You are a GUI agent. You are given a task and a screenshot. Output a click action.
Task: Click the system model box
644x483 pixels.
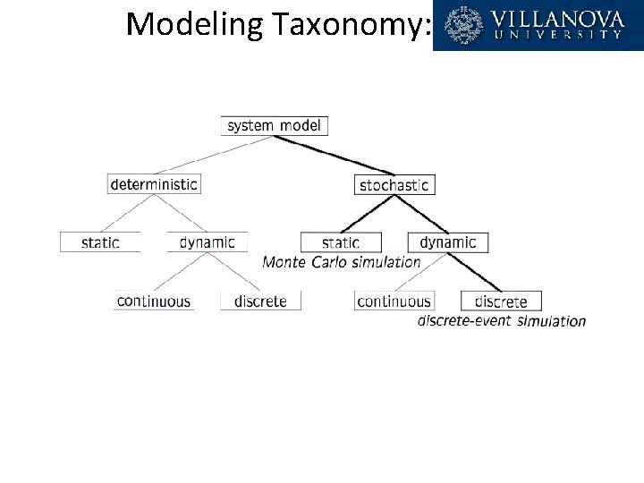275,126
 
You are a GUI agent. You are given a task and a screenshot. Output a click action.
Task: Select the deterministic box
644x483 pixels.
154,184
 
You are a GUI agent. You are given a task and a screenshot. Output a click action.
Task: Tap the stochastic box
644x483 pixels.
394,185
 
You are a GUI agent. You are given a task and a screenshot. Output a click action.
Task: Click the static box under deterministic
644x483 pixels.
100,242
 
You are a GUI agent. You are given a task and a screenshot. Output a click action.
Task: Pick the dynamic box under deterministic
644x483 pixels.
208,242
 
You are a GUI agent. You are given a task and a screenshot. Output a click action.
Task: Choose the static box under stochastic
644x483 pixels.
341,242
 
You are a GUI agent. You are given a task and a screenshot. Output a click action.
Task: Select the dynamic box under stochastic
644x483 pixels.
448,242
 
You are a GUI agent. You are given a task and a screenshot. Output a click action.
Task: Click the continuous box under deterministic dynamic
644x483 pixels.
154,301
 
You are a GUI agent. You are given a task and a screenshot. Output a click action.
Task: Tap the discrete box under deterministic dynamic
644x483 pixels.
261,301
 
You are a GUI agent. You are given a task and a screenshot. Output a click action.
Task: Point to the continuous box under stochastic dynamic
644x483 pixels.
394,301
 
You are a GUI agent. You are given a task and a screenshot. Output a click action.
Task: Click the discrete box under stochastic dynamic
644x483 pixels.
502,301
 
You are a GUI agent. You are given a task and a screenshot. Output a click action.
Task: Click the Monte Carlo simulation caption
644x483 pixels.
342,262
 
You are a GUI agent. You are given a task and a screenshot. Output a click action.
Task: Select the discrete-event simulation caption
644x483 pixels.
502,320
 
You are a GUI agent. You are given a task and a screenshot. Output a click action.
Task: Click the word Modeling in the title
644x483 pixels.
194,25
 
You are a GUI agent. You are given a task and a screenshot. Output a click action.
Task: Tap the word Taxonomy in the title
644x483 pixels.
352,25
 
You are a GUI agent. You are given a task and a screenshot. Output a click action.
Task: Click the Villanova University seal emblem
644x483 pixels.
463,25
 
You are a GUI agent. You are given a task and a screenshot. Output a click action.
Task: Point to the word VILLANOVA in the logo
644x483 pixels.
557,20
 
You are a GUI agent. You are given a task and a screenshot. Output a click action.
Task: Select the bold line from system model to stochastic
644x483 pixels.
335,156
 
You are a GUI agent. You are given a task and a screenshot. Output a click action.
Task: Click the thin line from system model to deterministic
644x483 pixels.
214,155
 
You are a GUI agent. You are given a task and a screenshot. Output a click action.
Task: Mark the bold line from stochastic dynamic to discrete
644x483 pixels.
474,272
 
